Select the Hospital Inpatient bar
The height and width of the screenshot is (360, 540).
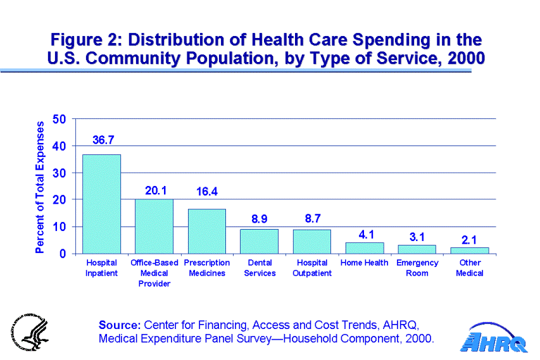point(101,204)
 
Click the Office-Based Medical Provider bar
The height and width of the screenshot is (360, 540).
point(154,226)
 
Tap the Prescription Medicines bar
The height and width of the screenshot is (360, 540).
point(206,231)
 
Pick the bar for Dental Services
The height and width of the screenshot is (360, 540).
point(259,241)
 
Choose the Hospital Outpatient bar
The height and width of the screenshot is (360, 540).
point(311,241)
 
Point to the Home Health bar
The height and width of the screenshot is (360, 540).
point(364,247)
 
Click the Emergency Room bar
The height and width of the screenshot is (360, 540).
point(417,249)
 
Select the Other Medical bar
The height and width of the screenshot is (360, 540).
point(469,250)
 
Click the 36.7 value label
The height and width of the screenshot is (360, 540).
point(103,140)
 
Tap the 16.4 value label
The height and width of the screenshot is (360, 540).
point(206,190)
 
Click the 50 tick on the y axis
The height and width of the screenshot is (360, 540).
point(59,119)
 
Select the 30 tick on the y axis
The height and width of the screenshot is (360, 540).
point(59,173)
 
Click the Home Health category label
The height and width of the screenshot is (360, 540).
point(364,263)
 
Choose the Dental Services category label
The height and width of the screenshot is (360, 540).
point(260,268)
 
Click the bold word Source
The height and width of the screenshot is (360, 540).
point(120,325)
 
